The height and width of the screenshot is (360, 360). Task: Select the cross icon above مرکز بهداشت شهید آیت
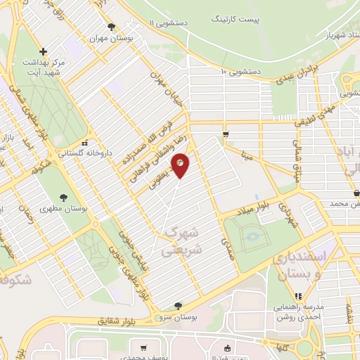[44, 51]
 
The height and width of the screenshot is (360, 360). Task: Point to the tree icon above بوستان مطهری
[64, 197]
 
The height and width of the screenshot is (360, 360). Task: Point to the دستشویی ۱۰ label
[242, 71]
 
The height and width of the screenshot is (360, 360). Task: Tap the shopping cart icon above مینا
[225, 134]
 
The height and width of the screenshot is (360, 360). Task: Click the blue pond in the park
[251, 238]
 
